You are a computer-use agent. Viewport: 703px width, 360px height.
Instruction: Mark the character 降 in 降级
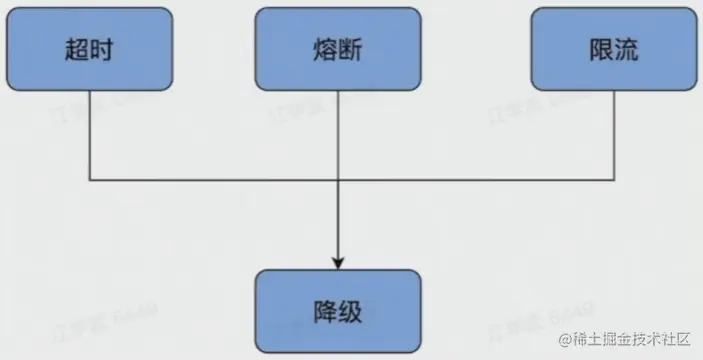(x=325, y=310)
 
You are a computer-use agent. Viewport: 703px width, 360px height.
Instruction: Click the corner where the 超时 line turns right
(x=90, y=181)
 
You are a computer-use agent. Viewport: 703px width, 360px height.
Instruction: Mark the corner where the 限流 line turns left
(x=612, y=181)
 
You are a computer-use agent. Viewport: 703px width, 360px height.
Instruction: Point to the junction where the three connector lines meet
(x=338, y=181)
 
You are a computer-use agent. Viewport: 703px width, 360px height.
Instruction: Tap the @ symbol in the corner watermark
(x=565, y=342)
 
